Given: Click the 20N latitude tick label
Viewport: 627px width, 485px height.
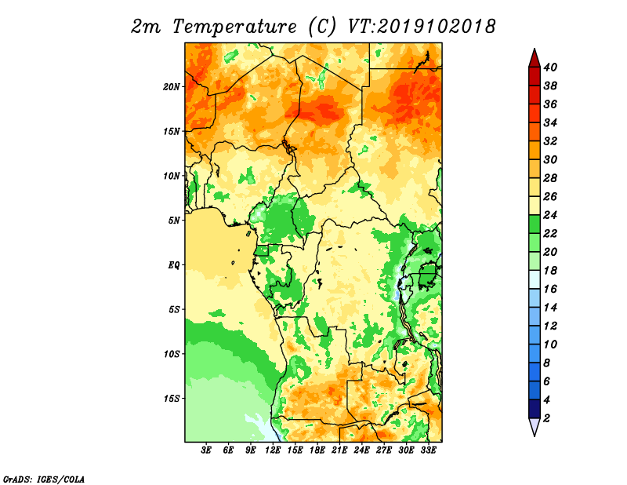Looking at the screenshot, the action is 171,86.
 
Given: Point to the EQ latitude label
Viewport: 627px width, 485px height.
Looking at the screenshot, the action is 173,264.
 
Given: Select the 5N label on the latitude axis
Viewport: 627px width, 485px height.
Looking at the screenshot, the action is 174,221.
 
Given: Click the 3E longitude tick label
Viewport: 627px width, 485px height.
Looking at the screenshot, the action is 206,450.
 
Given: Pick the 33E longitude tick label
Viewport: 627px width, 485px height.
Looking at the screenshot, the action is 428,450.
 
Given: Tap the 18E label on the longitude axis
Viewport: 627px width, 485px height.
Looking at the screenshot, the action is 317,450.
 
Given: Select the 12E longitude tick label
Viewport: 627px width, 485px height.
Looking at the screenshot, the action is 273,450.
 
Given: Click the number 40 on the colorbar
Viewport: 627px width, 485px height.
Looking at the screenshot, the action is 550,67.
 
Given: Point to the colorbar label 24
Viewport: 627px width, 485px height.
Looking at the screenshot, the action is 550,215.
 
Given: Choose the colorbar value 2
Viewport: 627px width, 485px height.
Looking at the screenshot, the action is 546,418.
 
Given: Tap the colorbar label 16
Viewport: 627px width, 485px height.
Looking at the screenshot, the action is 550,289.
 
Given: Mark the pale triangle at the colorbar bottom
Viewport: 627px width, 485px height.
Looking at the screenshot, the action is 535,426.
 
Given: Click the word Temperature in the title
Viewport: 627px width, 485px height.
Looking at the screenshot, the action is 234,27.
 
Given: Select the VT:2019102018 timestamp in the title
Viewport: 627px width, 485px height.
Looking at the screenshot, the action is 422,27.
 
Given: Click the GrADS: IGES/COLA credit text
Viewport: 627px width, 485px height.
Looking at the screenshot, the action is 44,480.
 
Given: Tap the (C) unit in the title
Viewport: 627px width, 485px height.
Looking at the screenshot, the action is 322,27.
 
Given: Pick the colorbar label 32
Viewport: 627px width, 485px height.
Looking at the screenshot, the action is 550,141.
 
